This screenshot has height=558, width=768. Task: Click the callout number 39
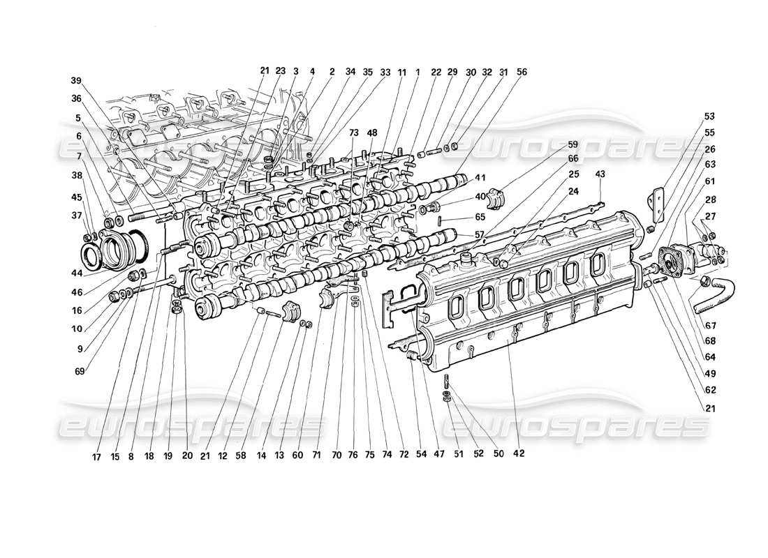click(75, 79)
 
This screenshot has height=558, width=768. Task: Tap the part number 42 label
click(518, 454)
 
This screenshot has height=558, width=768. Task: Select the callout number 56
click(522, 71)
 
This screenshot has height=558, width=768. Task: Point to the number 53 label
click(709, 116)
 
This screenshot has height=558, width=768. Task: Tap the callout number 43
click(601, 173)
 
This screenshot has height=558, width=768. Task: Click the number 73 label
click(354, 132)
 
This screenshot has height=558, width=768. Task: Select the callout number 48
click(371, 132)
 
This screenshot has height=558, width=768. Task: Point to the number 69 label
click(80, 372)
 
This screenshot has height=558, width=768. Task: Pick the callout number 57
click(461, 234)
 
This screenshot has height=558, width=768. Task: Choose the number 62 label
click(709, 389)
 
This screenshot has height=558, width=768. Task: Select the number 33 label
click(385, 71)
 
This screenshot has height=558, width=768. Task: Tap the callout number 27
click(709, 216)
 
